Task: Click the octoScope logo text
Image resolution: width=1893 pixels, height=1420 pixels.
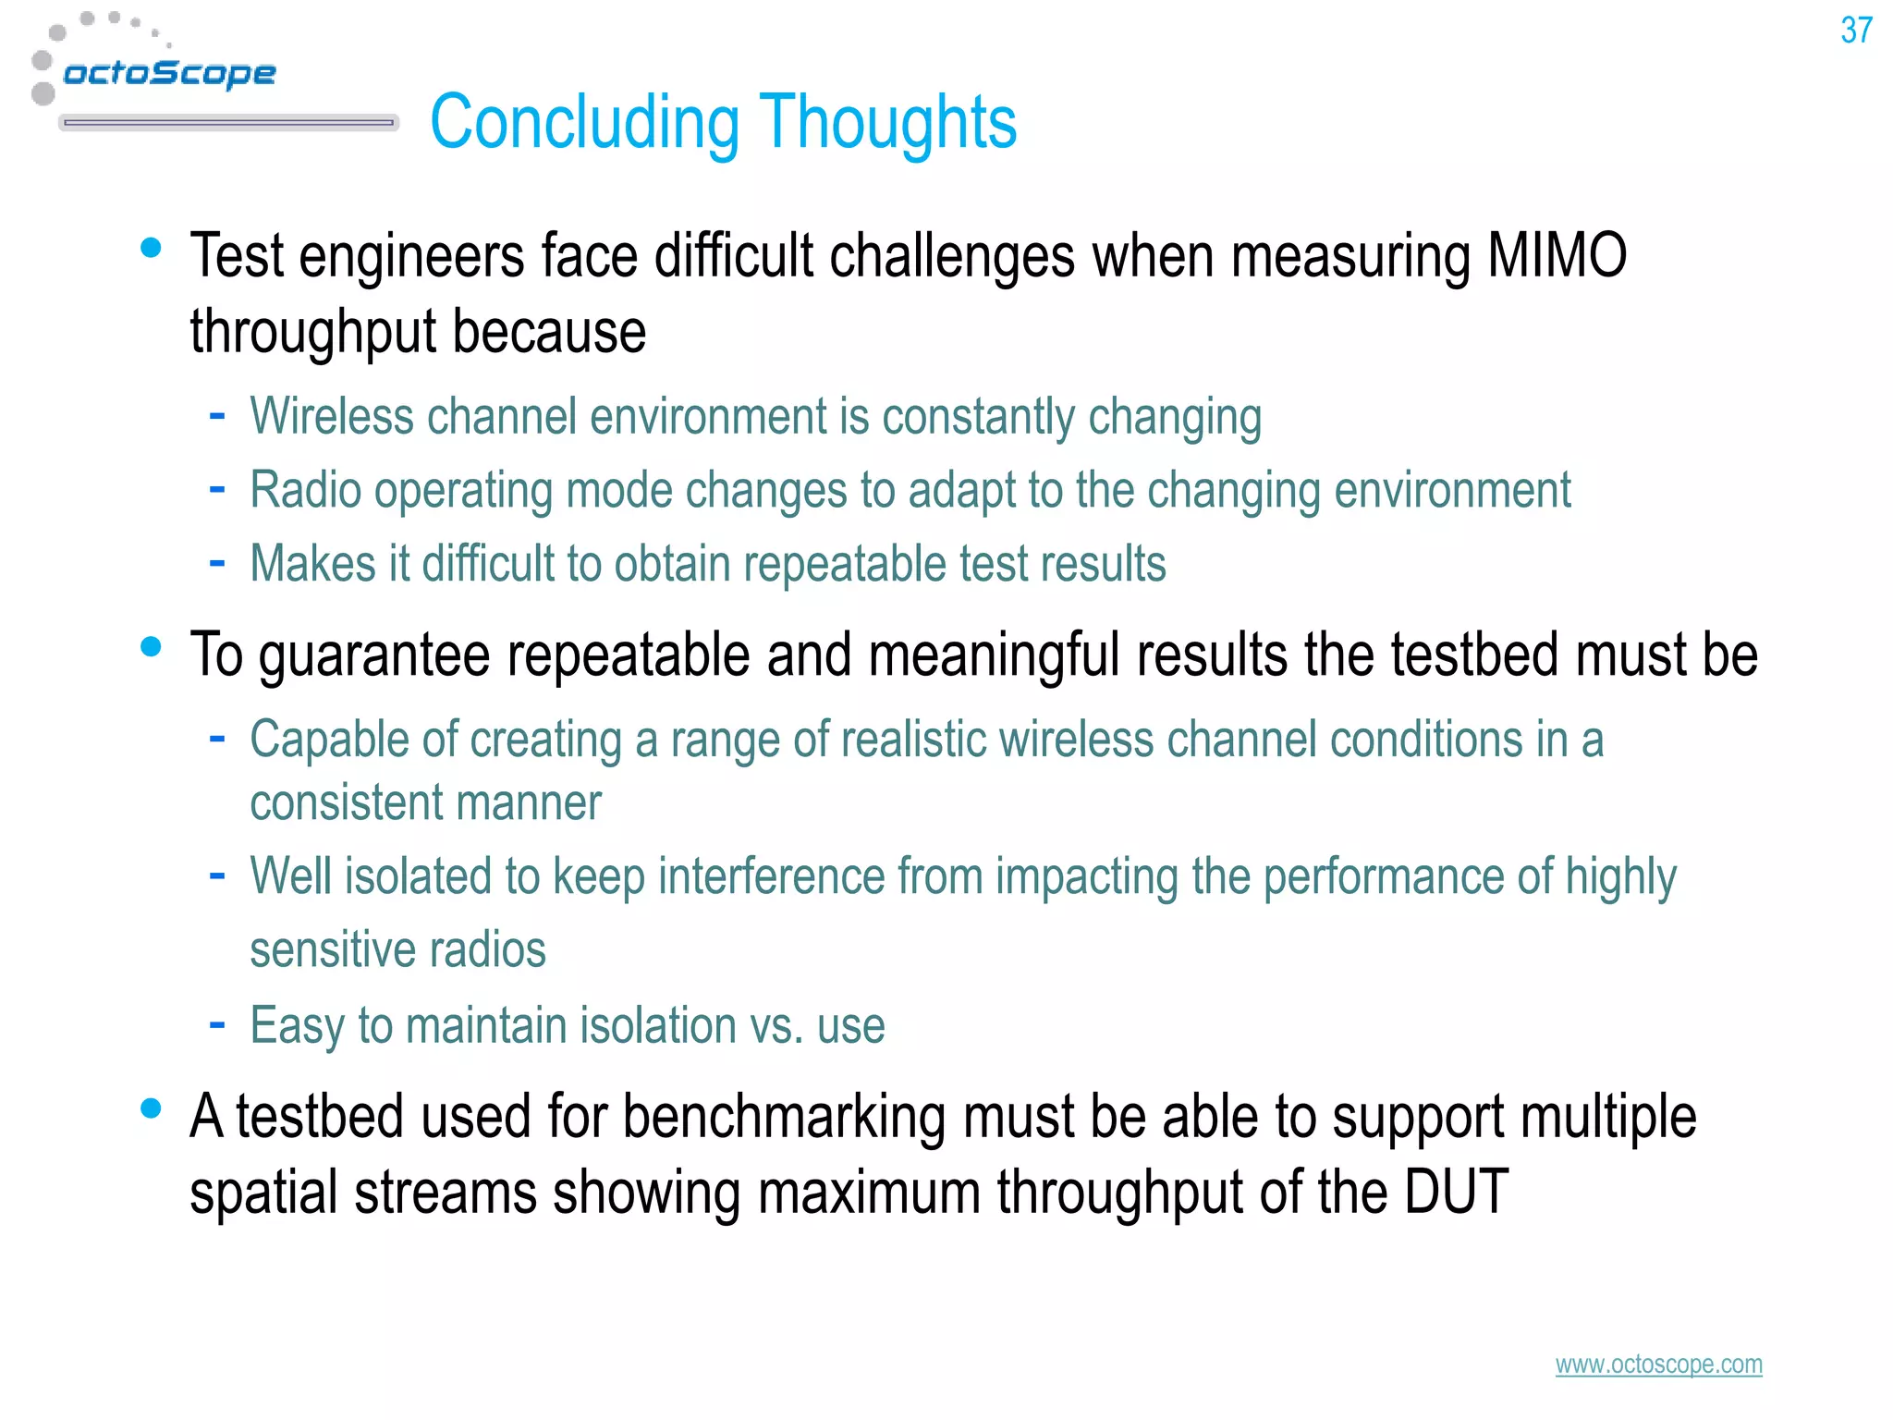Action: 169,73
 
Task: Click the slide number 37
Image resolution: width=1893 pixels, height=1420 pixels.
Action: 1855,31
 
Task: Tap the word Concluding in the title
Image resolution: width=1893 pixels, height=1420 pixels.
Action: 584,123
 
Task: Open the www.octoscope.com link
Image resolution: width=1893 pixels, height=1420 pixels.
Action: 1658,1365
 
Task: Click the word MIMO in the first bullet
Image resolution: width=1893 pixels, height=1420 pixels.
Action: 1557,256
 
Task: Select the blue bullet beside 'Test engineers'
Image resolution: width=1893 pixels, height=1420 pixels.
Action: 151,248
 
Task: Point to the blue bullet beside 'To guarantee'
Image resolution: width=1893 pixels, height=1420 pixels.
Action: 151,646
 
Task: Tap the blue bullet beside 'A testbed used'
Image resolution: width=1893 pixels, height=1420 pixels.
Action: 151,1108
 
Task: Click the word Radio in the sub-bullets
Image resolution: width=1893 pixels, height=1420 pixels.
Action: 305,490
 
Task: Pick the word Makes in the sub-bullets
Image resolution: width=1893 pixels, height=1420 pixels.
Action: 312,564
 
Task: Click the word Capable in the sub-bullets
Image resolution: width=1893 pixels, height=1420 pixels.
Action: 328,741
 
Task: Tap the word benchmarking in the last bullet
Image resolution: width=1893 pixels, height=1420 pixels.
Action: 784,1118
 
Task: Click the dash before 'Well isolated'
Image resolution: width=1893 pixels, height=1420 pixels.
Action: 217,875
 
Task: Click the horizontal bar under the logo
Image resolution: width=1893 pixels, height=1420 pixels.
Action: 228,122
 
